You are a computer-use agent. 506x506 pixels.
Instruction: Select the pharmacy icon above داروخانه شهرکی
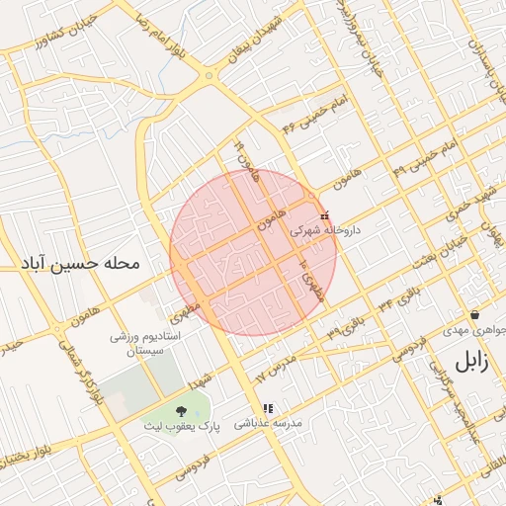click(325, 215)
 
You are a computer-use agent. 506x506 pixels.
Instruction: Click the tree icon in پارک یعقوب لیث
click(180, 410)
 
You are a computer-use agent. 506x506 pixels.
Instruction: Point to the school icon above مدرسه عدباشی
click(267, 407)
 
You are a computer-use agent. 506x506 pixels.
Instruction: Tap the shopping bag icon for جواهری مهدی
click(475, 315)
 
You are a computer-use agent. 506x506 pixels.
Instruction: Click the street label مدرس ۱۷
click(276, 365)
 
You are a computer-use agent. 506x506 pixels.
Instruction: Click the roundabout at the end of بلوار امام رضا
click(209, 76)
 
